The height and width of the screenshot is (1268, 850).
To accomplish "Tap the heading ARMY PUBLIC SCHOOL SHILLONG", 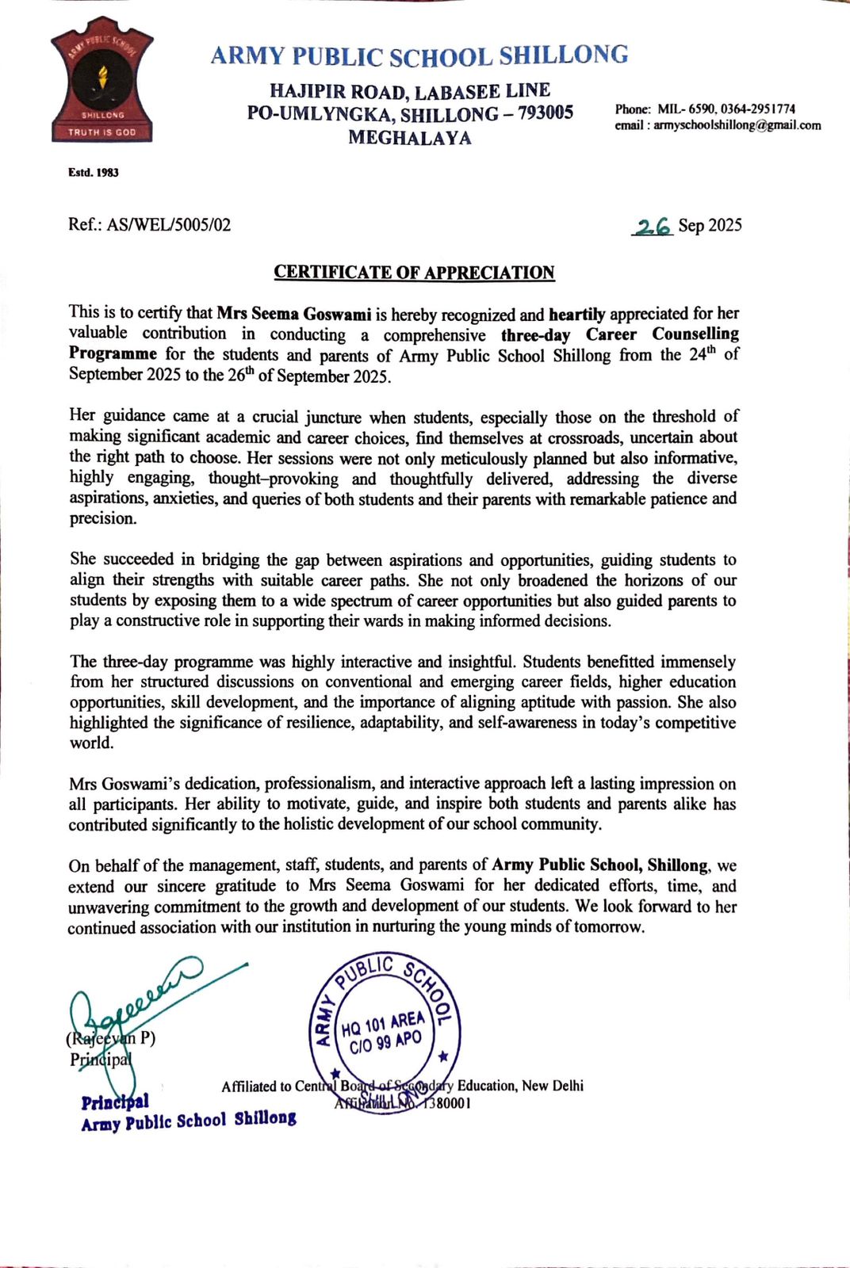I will [419, 55].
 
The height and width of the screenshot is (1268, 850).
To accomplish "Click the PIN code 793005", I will [546, 113].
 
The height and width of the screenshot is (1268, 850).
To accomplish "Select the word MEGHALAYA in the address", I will [410, 138].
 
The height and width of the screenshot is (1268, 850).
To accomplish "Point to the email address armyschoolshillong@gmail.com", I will [737, 125].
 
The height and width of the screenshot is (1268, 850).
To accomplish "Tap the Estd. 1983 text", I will [94, 172].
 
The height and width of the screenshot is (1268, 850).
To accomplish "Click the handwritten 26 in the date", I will [654, 227].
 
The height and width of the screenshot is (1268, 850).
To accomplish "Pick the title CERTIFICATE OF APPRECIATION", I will [414, 273].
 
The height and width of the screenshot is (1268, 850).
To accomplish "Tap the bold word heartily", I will [576, 314].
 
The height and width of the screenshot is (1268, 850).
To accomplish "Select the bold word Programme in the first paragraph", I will [113, 353].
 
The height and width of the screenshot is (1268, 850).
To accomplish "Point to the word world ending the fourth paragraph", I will [92, 743].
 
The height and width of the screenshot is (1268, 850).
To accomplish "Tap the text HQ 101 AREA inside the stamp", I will [383, 1025].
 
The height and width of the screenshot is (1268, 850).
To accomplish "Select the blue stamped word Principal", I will [115, 1102].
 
